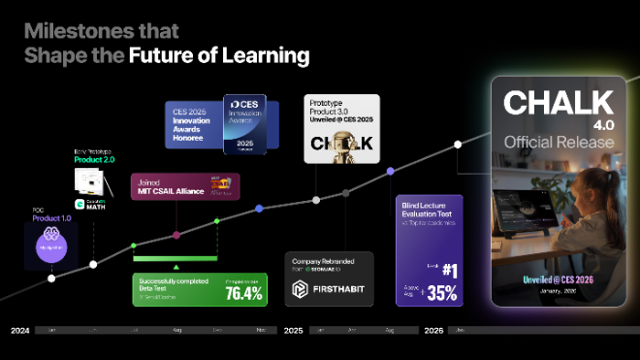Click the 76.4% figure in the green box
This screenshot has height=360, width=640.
tap(243, 292)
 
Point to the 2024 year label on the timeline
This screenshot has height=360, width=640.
tap(19, 331)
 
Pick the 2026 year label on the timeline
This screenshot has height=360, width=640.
tap(433, 331)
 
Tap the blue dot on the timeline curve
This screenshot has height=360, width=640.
tap(259, 209)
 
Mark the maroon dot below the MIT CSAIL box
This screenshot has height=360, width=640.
tap(176, 235)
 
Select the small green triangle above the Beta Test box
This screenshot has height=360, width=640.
tap(176, 266)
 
